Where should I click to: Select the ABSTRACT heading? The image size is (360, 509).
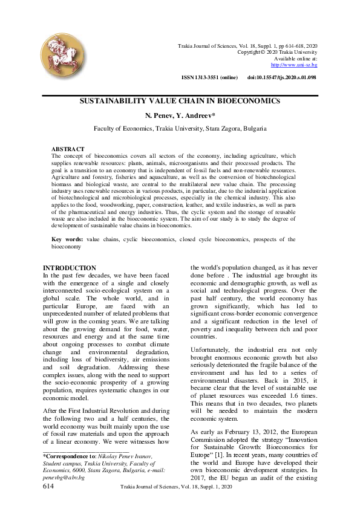pyautogui.click(x=68, y=149)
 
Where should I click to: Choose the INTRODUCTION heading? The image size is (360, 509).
pyautogui.click(x=70, y=268)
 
